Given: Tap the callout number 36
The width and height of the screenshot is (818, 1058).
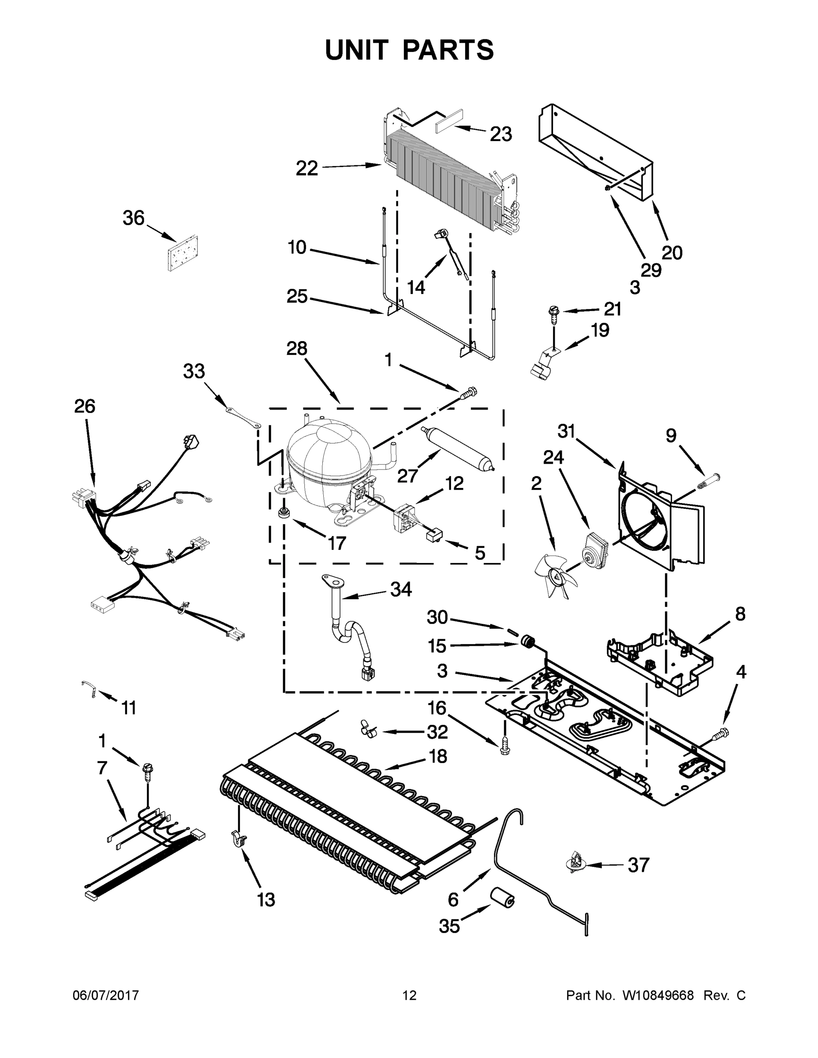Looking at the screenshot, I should coord(133,219).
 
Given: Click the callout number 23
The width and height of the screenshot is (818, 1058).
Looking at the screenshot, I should coord(501,134).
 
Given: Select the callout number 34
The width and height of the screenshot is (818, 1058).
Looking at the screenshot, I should coord(401,589).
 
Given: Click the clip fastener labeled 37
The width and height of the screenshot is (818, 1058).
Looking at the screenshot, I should coord(576,863).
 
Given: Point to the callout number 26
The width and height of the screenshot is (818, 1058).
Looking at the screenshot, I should coord(85,406).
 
